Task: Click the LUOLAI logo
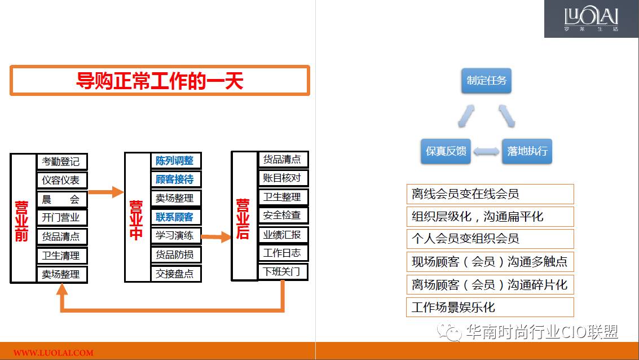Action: click(591, 19)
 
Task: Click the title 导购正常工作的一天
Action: click(160, 81)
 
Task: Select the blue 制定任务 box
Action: click(486, 81)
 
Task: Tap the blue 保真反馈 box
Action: click(446, 151)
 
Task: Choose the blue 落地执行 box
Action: click(527, 151)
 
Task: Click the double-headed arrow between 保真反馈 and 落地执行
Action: click(486, 152)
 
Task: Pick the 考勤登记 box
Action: click(62, 161)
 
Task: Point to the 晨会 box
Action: click(62, 199)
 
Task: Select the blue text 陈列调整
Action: click(174, 161)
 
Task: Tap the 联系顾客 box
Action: click(176, 217)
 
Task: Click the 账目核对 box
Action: click(283, 178)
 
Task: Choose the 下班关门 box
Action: click(283, 271)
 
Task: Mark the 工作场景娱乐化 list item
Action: click(490, 307)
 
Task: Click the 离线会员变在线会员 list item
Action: click(490, 194)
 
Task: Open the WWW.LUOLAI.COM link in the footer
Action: click(54, 353)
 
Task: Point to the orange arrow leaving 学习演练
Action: click(216, 237)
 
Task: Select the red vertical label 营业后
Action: click(243, 219)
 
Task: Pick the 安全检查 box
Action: click(283, 215)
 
